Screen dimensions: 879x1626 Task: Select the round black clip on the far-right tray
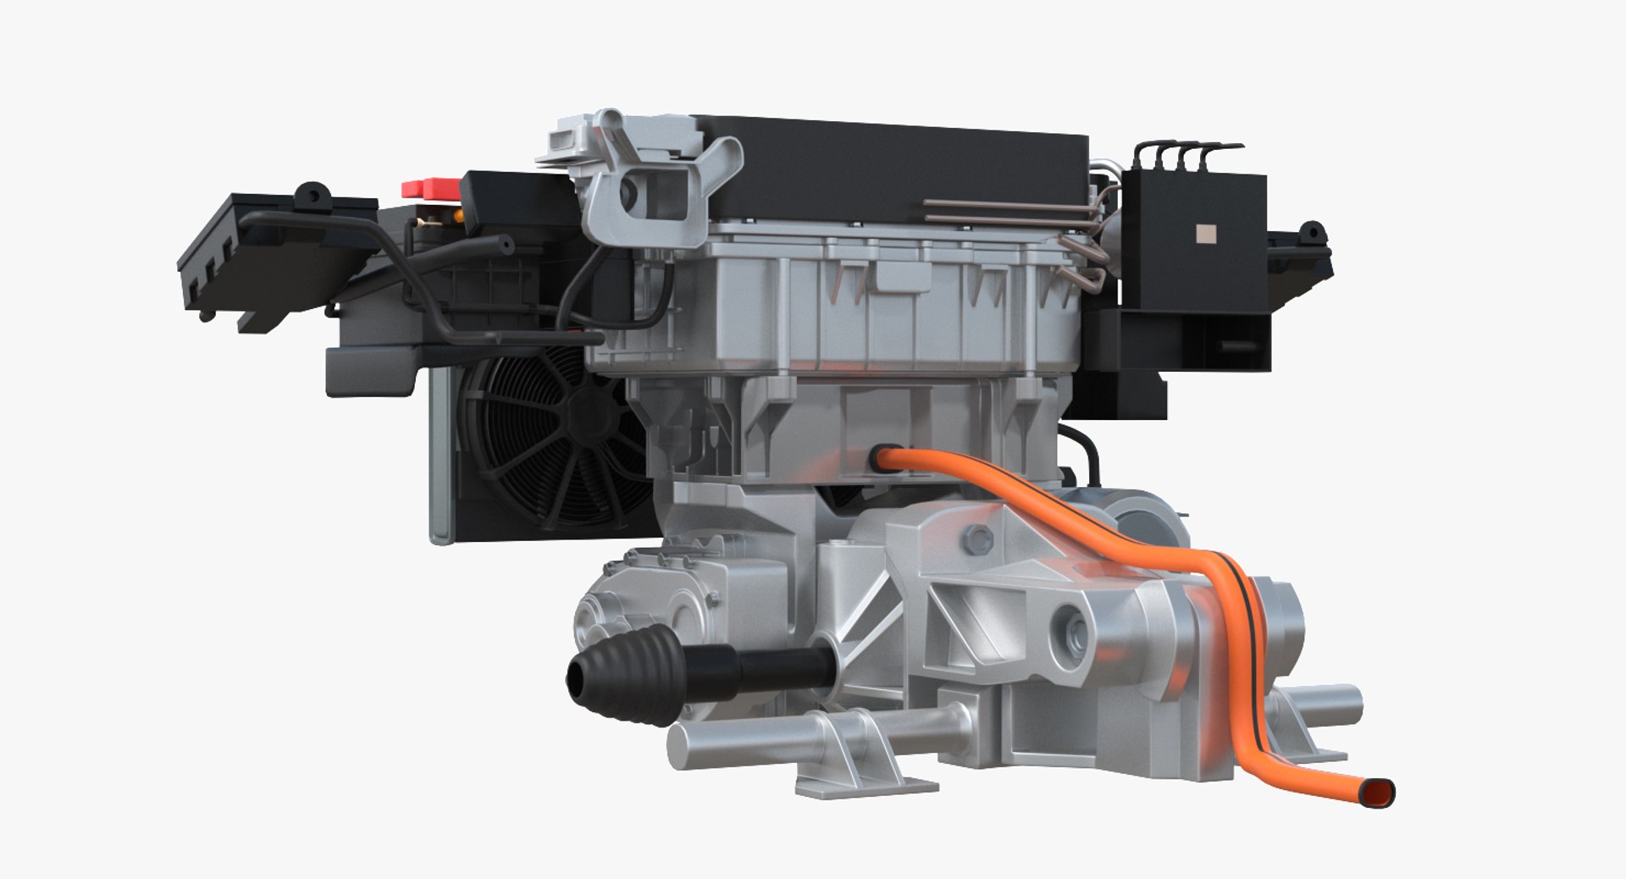1312,231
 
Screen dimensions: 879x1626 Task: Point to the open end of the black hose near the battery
506,246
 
